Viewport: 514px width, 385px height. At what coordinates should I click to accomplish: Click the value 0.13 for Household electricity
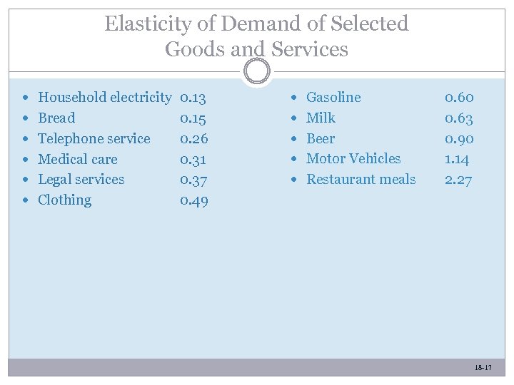[x=193, y=97]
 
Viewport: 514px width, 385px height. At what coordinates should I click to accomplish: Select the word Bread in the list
[x=56, y=118]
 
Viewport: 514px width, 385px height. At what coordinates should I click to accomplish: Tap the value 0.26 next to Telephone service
[x=193, y=138]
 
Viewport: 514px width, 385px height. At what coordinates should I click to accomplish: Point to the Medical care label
[x=77, y=159]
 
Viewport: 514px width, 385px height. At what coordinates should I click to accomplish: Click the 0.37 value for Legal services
[x=193, y=180]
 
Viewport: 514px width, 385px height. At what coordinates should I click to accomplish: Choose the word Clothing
[x=64, y=200]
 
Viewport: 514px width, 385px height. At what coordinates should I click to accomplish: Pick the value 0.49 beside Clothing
[x=193, y=200]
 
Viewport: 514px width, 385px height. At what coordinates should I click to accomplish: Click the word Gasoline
[x=333, y=97]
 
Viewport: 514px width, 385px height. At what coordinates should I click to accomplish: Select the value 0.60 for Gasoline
[x=458, y=97]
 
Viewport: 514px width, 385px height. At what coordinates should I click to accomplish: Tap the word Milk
[x=321, y=118]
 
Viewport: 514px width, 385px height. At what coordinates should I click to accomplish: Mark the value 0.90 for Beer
[x=458, y=138]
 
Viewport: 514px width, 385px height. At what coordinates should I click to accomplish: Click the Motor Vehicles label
[x=353, y=158]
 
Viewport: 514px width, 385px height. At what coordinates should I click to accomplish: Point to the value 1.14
[x=457, y=159]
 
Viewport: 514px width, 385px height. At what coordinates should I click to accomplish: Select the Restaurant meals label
[x=361, y=179]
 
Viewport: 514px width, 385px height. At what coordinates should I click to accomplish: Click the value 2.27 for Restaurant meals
[x=458, y=180]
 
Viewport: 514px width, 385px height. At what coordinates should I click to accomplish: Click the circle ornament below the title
[x=256, y=71]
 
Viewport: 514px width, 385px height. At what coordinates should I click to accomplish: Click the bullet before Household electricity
[x=26, y=98]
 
